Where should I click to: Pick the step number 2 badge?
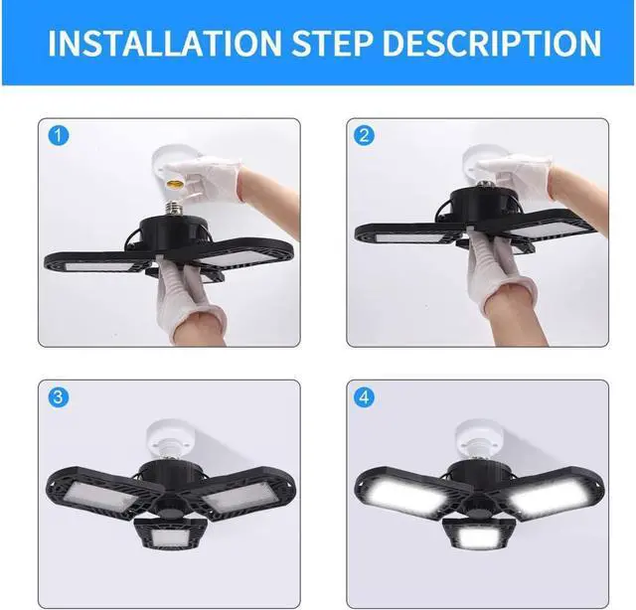click(x=365, y=137)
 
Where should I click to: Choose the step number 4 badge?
click(x=365, y=398)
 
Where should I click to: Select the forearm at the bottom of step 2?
click(x=517, y=308)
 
